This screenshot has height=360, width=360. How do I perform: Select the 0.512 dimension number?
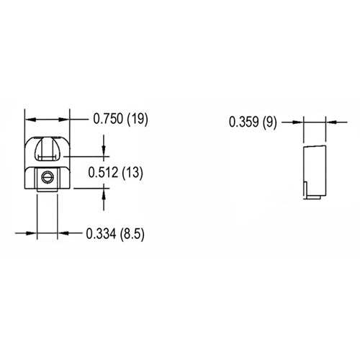(x=102, y=172)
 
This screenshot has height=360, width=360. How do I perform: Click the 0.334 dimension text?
(x=101, y=233)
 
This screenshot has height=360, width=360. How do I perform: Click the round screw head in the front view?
(x=48, y=176)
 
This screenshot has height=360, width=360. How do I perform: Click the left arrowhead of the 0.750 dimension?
(x=29, y=120)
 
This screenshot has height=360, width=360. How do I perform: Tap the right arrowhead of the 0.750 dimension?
(x=66, y=120)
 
